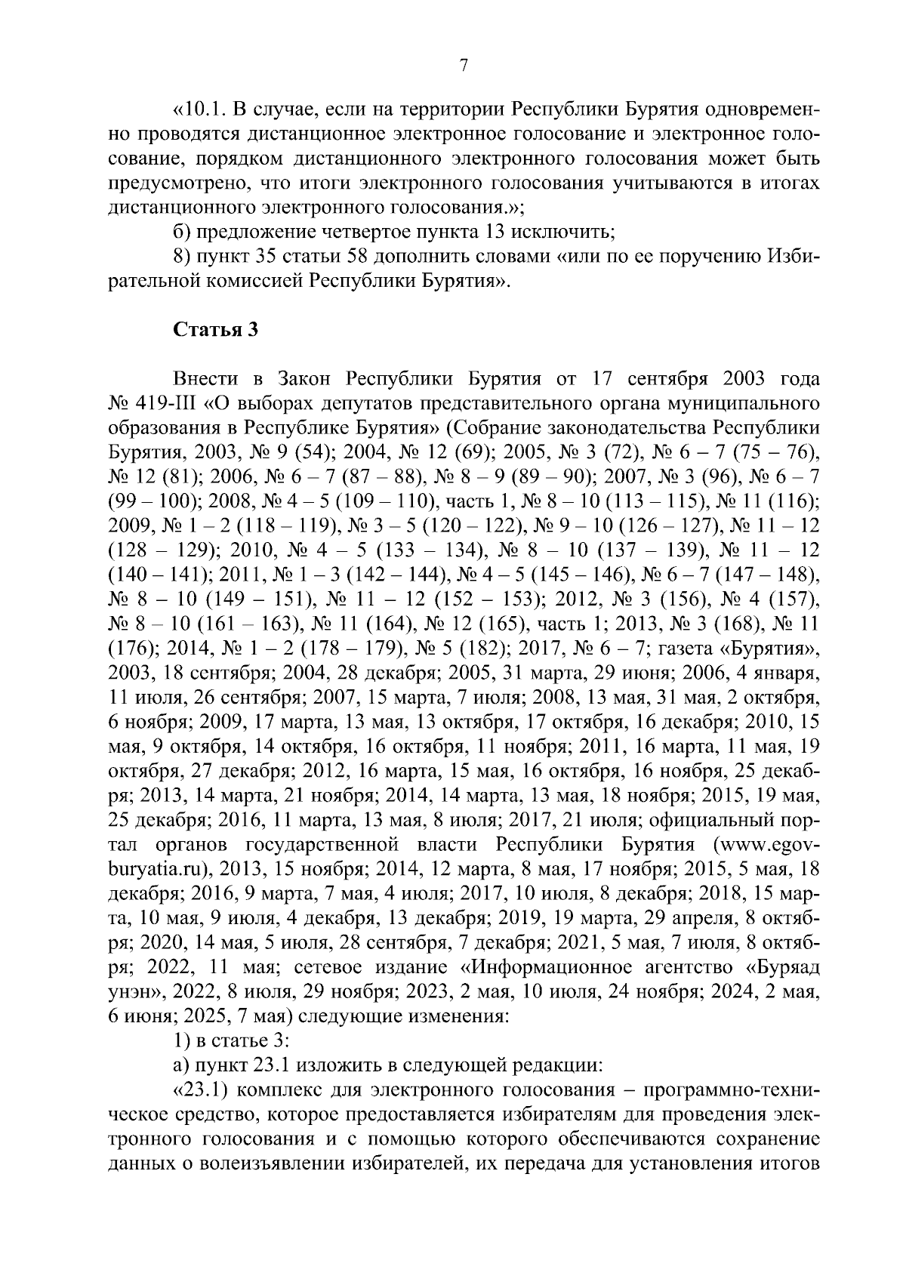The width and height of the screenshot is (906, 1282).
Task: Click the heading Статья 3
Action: pyautogui.click(x=217, y=330)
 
